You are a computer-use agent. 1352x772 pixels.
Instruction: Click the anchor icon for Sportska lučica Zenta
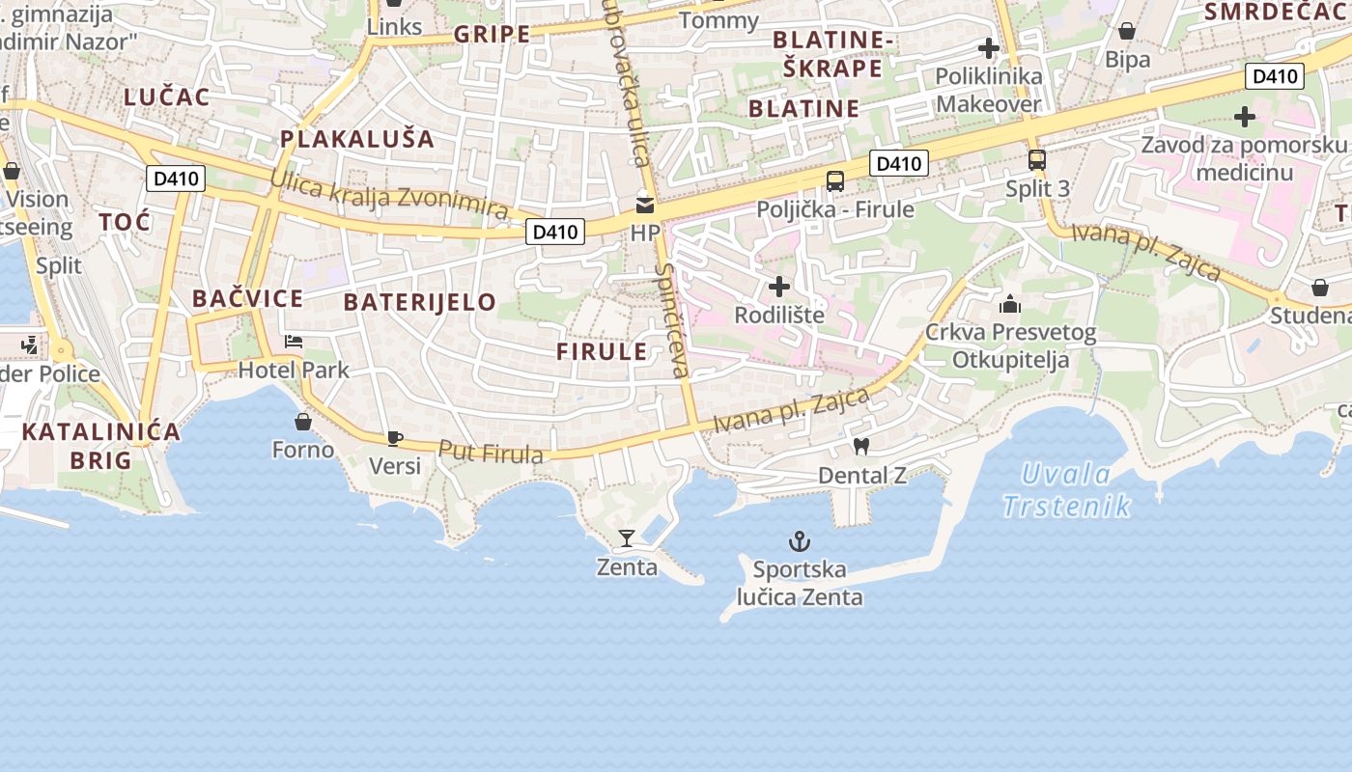click(x=799, y=540)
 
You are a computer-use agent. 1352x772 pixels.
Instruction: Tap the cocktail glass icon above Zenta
click(x=627, y=538)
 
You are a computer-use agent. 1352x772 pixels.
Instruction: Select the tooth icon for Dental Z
click(x=861, y=446)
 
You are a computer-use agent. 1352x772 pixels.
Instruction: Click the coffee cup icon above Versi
click(x=394, y=438)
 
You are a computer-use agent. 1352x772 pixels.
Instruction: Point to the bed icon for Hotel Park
click(x=294, y=342)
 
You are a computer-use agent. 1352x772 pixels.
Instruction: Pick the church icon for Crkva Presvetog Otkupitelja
click(x=1010, y=305)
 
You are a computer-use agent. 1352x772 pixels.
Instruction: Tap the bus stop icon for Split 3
click(x=1036, y=160)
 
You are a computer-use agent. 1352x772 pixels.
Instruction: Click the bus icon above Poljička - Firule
click(x=835, y=180)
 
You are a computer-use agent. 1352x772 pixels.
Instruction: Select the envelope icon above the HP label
click(x=644, y=205)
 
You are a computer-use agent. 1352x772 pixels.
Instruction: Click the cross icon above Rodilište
click(x=778, y=287)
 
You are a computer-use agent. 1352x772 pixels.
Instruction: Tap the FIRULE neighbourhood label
click(x=602, y=351)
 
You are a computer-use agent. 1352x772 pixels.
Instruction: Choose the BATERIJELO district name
click(x=420, y=302)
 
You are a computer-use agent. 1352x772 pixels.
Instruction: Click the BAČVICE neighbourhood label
click(x=247, y=298)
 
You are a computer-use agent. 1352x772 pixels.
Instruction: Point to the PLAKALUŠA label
click(x=357, y=139)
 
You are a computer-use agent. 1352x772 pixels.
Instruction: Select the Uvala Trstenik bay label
click(x=1066, y=489)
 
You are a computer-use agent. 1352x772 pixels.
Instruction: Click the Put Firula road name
click(x=491, y=452)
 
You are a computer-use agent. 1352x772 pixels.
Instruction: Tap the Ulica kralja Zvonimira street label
click(x=388, y=194)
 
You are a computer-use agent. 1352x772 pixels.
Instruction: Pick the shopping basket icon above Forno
click(x=303, y=422)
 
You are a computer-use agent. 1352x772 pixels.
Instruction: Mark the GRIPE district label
click(x=492, y=35)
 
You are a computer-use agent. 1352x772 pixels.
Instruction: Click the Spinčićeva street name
click(x=672, y=319)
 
